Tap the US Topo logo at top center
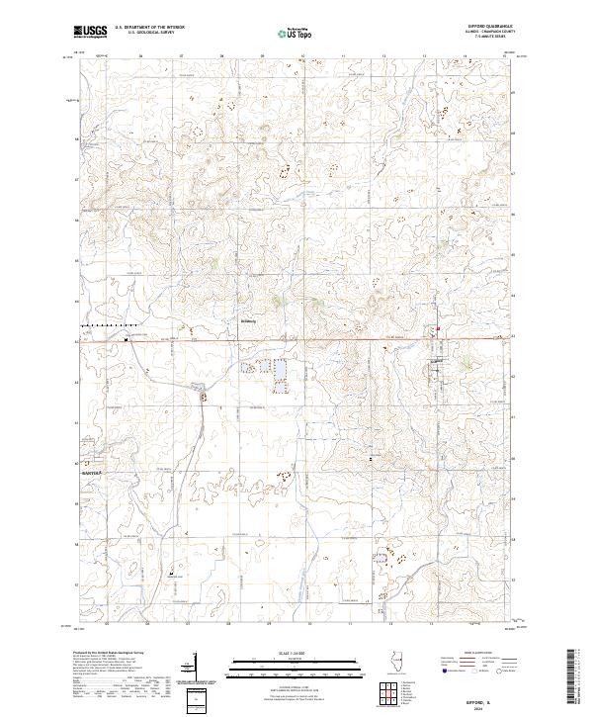pos(295,34)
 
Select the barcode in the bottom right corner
pos(577,681)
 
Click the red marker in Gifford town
pos(438,330)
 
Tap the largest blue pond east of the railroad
pos(281,372)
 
